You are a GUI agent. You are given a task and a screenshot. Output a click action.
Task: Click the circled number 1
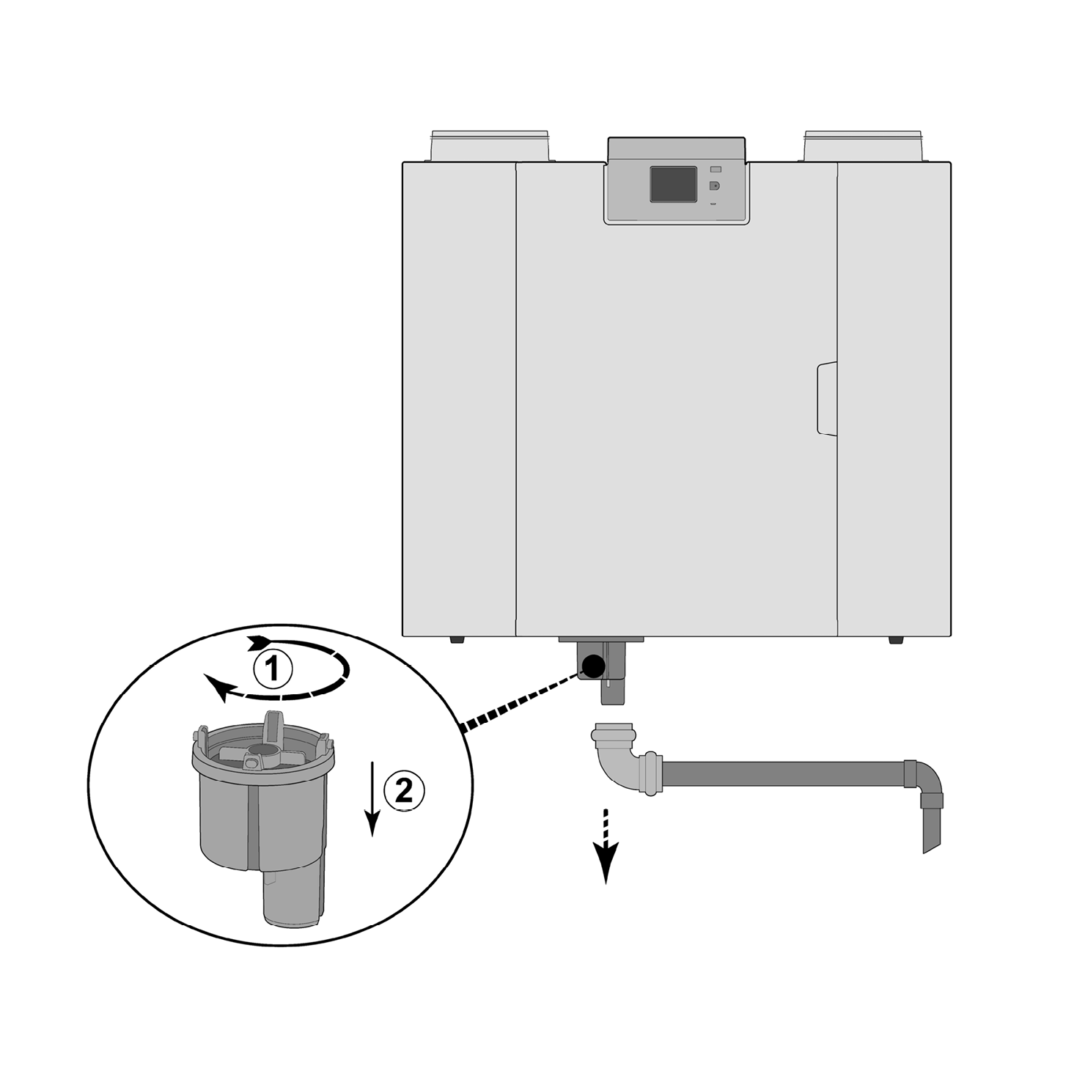tap(273, 669)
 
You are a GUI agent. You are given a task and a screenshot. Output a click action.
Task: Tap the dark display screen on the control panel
tap(673, 184)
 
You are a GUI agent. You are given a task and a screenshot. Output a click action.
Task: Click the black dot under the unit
tap(593, 665)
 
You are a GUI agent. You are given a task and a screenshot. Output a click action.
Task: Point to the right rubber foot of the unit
tap(896, 640)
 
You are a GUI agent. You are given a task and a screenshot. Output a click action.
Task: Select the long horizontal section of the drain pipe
tap(783, 774)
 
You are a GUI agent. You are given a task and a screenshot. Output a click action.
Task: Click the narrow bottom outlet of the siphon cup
tap(293, 898)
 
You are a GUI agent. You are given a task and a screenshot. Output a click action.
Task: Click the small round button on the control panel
tap(715, 185)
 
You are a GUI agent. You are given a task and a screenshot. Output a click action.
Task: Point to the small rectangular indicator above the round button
tap(716, 169)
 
